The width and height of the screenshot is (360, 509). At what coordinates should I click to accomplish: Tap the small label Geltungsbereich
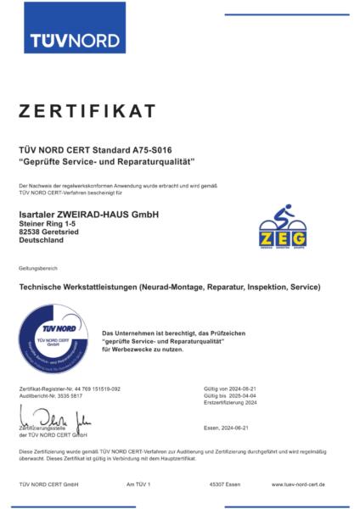[36, 268]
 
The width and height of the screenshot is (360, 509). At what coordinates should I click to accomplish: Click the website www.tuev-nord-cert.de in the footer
[304, 484]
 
